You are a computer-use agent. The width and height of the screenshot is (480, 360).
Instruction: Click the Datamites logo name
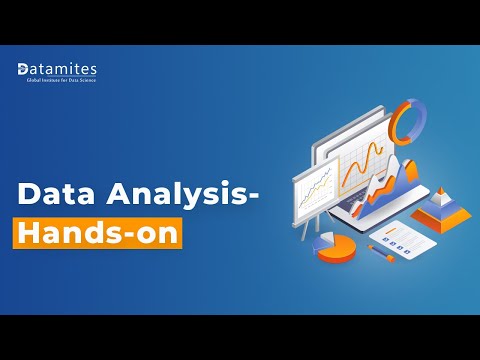click(x=66, y=68)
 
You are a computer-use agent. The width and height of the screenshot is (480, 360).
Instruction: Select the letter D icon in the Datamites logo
click(x=24, y=69)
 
